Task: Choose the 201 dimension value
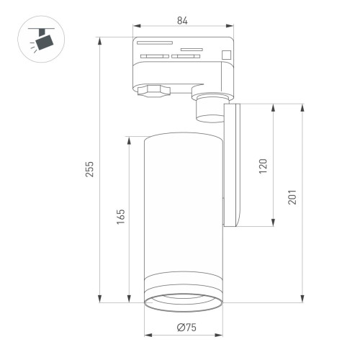(x=292, y=197)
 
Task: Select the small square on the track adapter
(x=226, y=53)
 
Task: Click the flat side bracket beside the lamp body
(x=233, y=166)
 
